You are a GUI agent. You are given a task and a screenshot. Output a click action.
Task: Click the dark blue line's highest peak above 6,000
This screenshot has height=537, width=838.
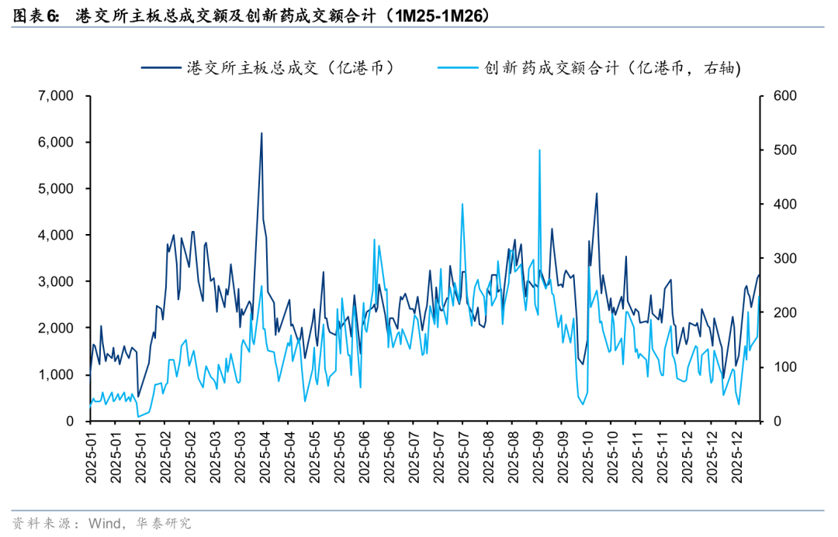coord(261,133)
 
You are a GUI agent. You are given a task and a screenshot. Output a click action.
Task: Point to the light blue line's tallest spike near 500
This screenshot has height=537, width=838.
coord(539,150)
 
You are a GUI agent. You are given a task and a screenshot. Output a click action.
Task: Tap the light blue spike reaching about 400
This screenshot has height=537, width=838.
coord(462,205)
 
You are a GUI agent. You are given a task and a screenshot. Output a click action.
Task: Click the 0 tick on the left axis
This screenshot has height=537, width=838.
coord(69,422)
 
